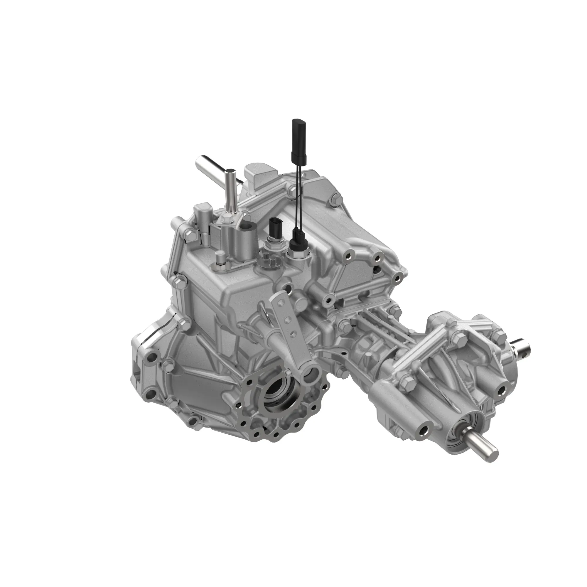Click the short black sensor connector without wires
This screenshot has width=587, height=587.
pyautogui.click(x=274, y=228)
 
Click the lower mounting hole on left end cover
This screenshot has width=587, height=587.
pyautogui.click(x=149, y=395)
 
